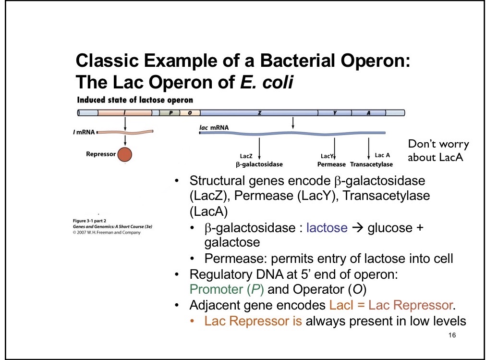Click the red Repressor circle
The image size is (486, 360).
124,154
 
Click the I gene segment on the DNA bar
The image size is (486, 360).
125,112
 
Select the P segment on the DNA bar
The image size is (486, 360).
170,112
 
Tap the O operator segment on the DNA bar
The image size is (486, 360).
190,112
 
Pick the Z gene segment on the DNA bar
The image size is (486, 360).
259,112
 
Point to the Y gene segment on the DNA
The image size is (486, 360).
335,112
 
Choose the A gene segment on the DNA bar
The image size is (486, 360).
368,112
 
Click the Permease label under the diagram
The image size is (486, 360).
331,164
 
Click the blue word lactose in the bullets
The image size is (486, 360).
327,228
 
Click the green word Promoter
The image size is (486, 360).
215,290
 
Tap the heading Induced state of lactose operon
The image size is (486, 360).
135,100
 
